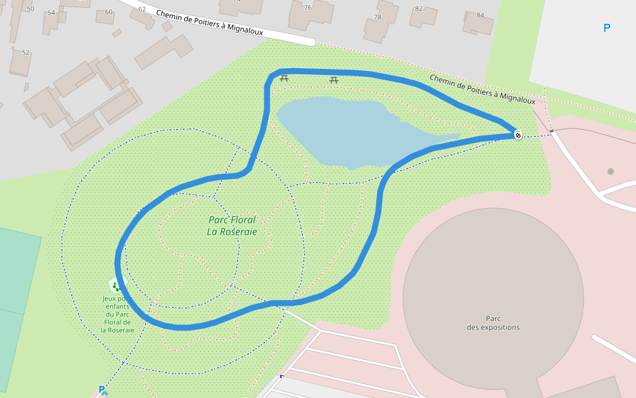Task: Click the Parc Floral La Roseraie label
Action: (231, 226)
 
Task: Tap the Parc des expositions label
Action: (493, 322)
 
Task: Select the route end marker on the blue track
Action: (517, 135)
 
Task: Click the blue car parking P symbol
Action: (606, 28)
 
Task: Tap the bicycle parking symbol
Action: (103, 391)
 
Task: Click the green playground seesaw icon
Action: (115, 286)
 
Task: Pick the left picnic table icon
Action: (284, 78)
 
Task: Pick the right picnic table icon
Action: (335, 80)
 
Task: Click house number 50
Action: (30, 9)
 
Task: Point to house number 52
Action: (26, 52)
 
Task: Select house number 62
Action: (142, 9)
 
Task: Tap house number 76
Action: (307, 7)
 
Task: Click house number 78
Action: (378, 17)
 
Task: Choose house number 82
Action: (418, 9)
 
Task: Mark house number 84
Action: (480, 15)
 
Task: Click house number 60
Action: (109, 12)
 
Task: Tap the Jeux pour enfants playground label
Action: (117, 314)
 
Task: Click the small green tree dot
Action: (610, 171)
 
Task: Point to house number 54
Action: (51, 13)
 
